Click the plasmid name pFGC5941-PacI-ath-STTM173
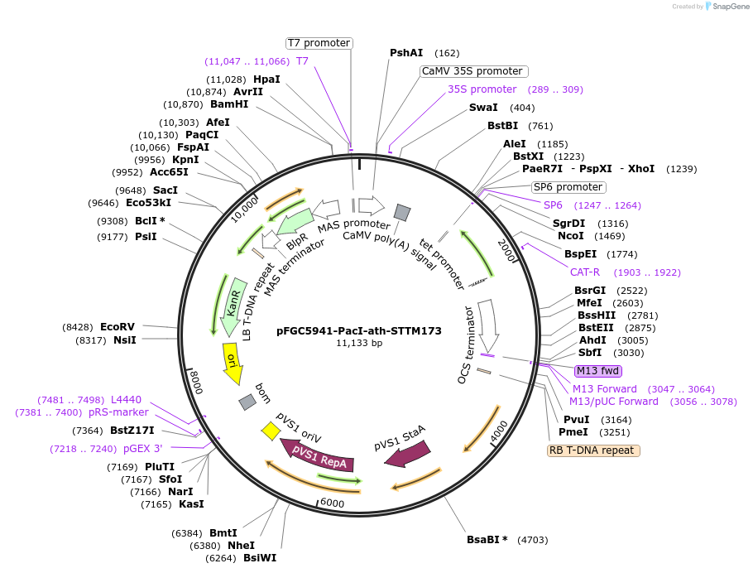point(359,330)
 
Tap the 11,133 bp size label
point(359,343)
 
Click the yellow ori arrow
point(233,364)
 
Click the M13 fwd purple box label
point(597,370)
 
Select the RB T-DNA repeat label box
point(593,450)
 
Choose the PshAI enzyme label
point(406,53)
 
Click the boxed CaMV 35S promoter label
point(472,71)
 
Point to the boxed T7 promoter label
point(319,43)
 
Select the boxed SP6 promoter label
point(568,187)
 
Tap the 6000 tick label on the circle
point(331,503)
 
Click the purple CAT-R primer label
point(584,272)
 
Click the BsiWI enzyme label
point(260,557)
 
